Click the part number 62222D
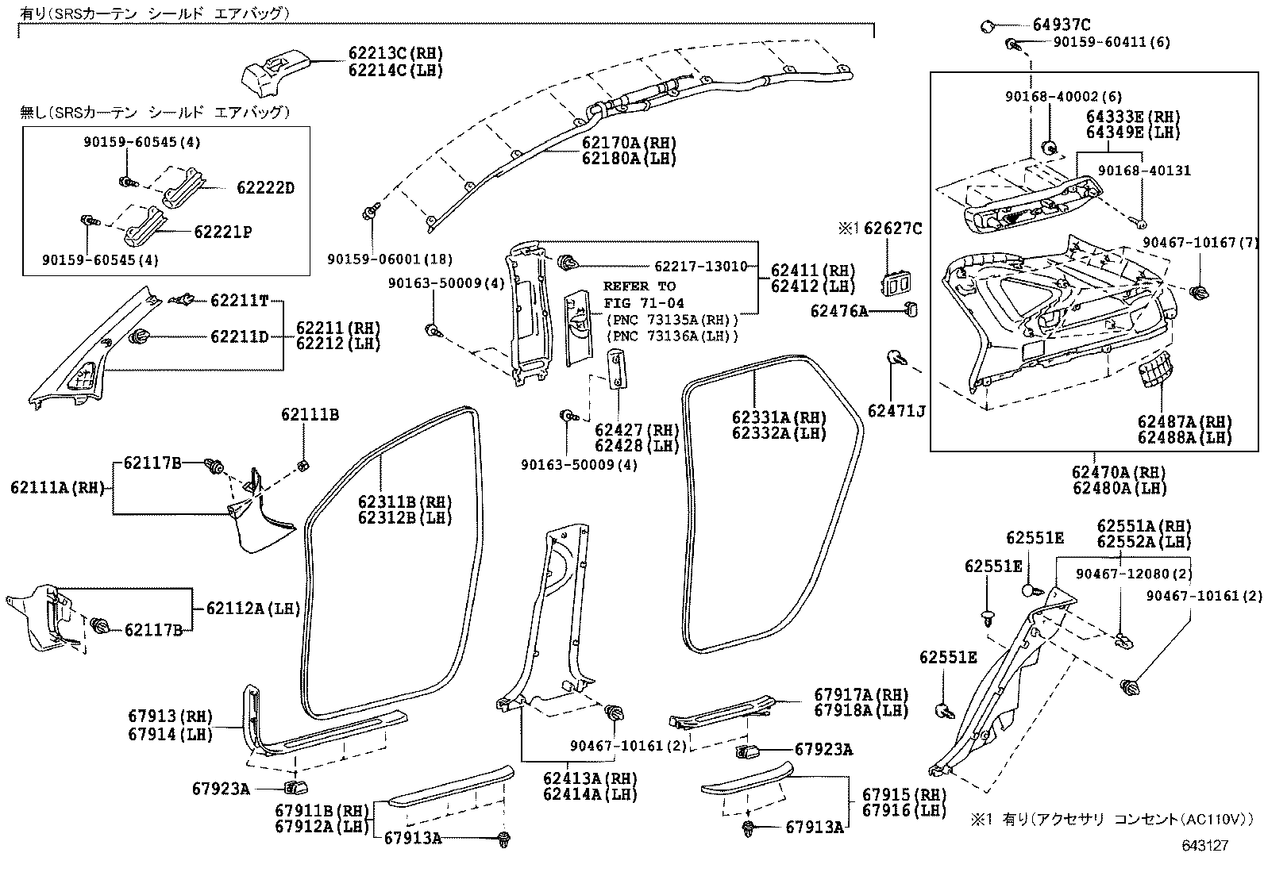pyautogui.click(x=265, y=188)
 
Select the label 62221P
pyautogui.click(x=223, y=232)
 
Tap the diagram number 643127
pyautogui.click(x=1204, y=846)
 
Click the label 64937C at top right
pyautogui.click(x=1062, y=25)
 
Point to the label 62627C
pyautogui.click(x=892, y=229)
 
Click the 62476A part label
pyautogui.click(x=839, y=311)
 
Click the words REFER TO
pyautogui.click(x=639, y=286)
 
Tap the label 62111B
pyautogui.click(x=310, y=414)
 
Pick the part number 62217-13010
pyautogui.click(x=700, y=267)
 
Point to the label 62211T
pyautogui.click(x=240, y=301)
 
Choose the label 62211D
pyautogui.click(x=240, y=337)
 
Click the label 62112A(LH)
pyautogui.click(x=253, y=609)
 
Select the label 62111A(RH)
pyautogui.click(x=58, y=488)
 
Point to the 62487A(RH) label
pyautogui.click(x=1183, y=422)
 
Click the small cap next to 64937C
pyautogui.click(x=988, y=25)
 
